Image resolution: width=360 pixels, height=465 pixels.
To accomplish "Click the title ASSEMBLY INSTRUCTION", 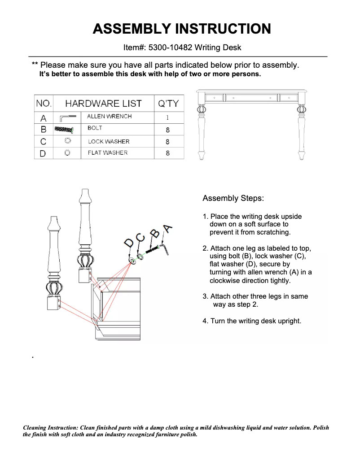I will point(181,29).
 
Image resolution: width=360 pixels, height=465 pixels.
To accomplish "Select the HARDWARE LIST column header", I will point(103,104).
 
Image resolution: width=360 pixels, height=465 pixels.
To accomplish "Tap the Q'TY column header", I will point(168,104).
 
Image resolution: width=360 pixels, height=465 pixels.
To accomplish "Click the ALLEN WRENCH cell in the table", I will point(110,117).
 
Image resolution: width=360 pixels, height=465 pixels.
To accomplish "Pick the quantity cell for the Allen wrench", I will point(167,118).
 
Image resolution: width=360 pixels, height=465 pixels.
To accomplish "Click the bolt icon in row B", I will point(63,129).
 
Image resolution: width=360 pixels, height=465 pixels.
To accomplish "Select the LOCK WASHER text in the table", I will point(109,141).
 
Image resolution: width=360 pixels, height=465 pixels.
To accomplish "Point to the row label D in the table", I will point(44,153).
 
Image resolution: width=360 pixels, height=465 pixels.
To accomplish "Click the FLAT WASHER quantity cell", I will point(167,153).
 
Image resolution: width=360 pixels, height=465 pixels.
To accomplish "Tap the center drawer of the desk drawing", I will point(251,97).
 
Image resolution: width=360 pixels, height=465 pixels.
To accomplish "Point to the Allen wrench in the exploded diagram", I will point(163,247).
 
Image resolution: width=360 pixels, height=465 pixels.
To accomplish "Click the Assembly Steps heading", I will point(233,198).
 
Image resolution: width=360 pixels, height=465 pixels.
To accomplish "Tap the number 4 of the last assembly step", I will point(205,321).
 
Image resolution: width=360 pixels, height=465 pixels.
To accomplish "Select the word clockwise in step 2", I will point(226,281).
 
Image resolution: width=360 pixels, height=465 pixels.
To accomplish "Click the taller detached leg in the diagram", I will point(85,233).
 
